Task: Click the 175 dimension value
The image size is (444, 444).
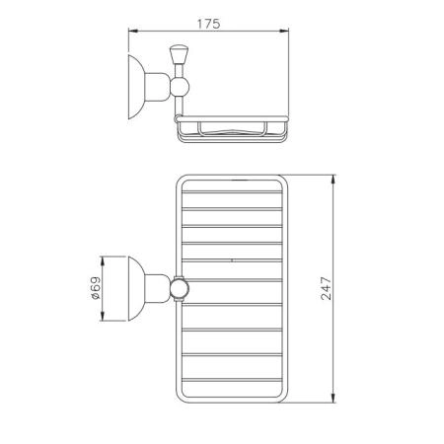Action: (208, 24)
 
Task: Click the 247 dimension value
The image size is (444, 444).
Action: (327, 288)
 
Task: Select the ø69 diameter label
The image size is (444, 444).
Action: (95, 288)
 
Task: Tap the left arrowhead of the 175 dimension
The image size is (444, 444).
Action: (133, 31)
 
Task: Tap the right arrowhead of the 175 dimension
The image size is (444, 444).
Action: (284, 31)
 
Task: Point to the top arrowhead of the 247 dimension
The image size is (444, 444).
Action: (333, 180)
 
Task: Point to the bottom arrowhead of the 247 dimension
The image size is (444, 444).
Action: (333, 398)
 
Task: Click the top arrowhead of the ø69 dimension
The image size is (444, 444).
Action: (103, 261)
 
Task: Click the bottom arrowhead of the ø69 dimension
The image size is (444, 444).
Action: (103, 316)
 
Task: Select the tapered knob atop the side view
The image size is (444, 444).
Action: (179, 54)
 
